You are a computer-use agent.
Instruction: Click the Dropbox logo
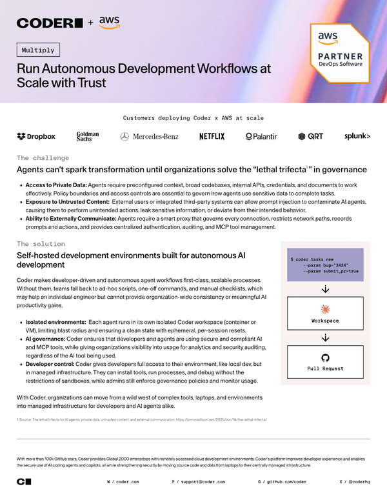(36, 136)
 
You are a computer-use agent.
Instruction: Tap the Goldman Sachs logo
(88, 136)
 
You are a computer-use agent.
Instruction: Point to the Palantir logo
(261, 136)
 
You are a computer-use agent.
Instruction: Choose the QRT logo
(311, 136)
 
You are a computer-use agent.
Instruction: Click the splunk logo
(357, 136)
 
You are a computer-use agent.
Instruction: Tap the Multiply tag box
(37, 50)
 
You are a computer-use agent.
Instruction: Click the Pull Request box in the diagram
(325, 362)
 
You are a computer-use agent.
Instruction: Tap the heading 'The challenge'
(41, 157)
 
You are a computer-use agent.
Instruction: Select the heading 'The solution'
(41, 244)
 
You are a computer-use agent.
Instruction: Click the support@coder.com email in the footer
(201, 482)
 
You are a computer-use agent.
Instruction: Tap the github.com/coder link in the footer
(285, 482)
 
